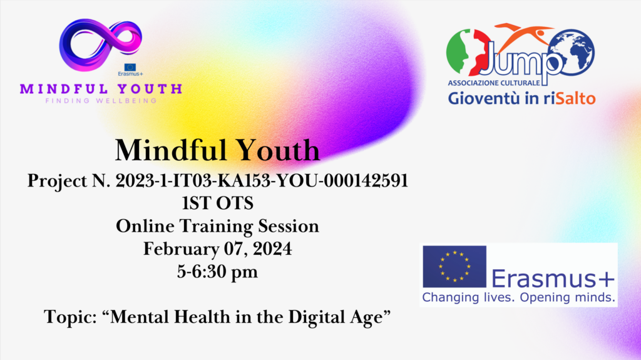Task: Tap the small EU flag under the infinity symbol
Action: pos(130,67)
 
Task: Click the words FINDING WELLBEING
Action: pos(101,101)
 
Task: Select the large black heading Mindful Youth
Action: pos(217,150)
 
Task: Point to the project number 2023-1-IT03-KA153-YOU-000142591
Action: pos(262,180)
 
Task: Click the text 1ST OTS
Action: pos(217,203)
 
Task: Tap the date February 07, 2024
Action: pos(217,249)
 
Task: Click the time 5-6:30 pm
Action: pos(217,272)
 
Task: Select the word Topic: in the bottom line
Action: pos(70,317)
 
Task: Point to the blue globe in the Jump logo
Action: pos(572,51)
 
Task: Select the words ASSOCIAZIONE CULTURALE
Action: pos(494,83)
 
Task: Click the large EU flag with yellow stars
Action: pos(454,267)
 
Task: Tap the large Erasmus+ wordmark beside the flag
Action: pos(553,279)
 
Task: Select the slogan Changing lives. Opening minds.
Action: pos(519,297)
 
